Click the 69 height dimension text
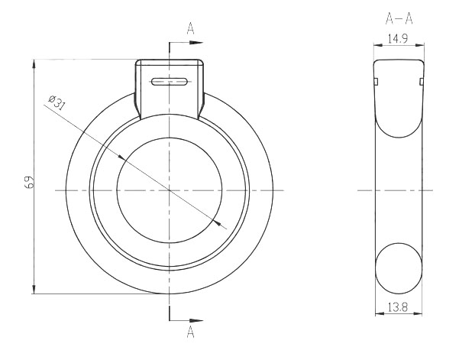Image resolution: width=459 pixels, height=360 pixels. tap(30, 182)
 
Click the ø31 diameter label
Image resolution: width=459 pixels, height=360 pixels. tap(57, 102)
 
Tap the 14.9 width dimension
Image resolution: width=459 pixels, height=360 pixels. tap(398, 39)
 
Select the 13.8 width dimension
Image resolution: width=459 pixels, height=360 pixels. tap(398, 307)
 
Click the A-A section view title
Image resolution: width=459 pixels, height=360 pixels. tap(399, 19)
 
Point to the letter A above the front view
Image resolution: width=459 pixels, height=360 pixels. tap(191, 28)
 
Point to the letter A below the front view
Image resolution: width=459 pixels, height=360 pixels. tap(191, 332)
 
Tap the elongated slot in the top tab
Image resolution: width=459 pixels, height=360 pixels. tap(169, 82)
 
